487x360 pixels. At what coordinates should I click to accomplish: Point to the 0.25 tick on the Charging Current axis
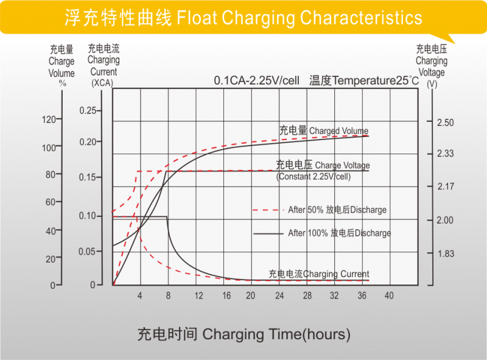pyautogui.click(x=88, y=110)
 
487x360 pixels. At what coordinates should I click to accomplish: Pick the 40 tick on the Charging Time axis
pyautogui.click(x=389, y=295)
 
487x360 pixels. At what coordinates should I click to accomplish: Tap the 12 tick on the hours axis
pyautogui.click(x=198, y=295)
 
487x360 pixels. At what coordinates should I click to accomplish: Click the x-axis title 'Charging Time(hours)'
pyautogui.click(x=243, y=334)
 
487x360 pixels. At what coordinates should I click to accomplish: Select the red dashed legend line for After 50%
pyautogui.click(x=268, y=210)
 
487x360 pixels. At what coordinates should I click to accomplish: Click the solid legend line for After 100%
pyautogui.click(x=268, y=233)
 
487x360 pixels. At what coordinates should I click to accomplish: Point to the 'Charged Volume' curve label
pyautogui.click(x=338, y=130)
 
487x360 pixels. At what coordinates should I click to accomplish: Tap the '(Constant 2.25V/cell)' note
pyautogui.click(x=313, y=177)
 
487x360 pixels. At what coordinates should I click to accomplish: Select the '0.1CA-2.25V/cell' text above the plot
pyautogui.click(x=256, y=80)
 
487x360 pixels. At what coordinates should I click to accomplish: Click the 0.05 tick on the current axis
pyautogui.click(x=88, y=251)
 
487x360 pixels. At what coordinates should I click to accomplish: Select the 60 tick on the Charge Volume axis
pyautogui.click(x=51, y=202)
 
